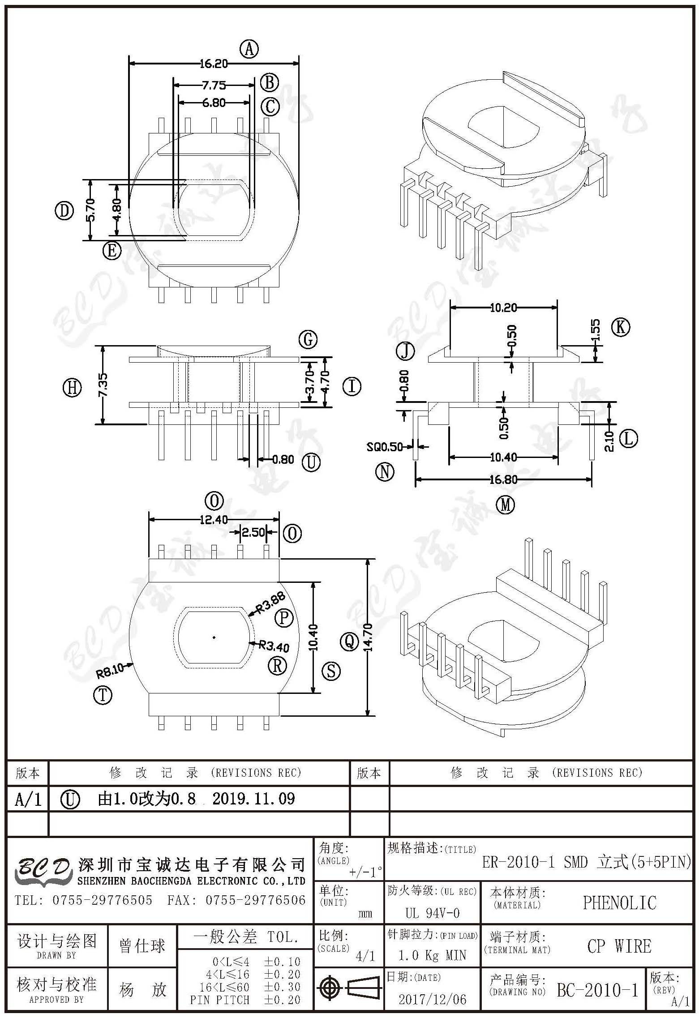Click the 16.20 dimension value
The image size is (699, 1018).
coord(214,64)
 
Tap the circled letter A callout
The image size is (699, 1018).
coord(249,49)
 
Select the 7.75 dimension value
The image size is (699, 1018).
coord(214,85)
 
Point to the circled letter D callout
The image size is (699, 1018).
coord(64,210)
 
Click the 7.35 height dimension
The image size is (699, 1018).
coord(103,385)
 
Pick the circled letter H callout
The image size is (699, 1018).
coord(72,387)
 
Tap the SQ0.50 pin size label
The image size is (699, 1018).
coord(385,446)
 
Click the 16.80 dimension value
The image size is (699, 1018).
coord(503,479)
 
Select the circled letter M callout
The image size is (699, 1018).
coord(506,505)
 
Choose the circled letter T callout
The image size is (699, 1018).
coord(103,695)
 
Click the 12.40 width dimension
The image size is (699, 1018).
coord(214,520)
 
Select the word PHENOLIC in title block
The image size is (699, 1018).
coord(620,903)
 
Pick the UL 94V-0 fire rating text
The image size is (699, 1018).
coord(433,913)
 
